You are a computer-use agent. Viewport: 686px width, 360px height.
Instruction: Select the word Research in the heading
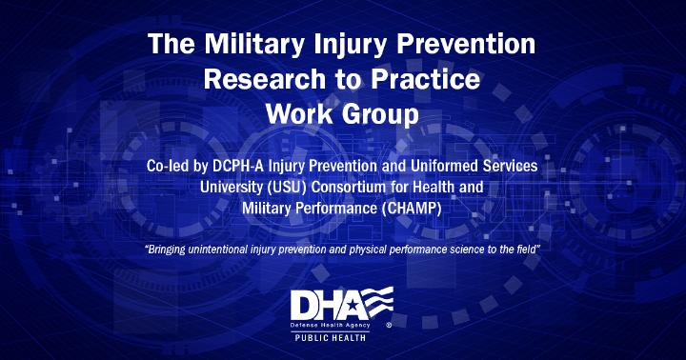(x=264, y=79)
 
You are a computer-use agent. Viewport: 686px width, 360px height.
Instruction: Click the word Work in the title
(x=299, y=114)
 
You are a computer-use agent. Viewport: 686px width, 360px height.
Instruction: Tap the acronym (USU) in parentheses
(x=286, y=188)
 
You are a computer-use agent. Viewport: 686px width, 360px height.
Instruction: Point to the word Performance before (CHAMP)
(x=336, y=209)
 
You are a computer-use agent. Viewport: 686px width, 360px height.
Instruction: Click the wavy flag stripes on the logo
(x=377, y=302)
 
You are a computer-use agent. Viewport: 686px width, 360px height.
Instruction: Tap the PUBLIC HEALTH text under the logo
(x=331, y=337)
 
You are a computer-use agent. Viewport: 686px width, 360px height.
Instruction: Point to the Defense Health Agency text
(x=330, y=326)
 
